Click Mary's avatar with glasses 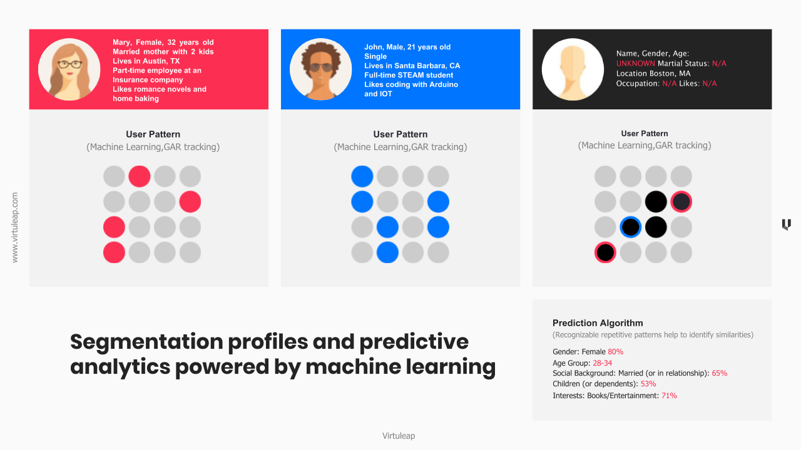coord(69,69)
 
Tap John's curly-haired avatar coord(321,69)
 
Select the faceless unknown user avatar coord(573,69)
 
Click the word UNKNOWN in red coord(635,64)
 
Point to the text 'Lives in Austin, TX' coord(146,61)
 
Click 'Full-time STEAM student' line coord(409,75)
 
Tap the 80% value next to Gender coord(615,352)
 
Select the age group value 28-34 coord(602,363)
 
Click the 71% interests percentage coord(669,396)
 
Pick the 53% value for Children coord(648,384)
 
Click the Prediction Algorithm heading coord(598,323)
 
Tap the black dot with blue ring coord(630,227)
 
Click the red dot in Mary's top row coord(140,176)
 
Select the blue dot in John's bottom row coord(387,252)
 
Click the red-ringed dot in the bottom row coord(605,252)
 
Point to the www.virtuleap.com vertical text coord(14,227)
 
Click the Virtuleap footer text coord(399,436)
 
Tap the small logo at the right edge coord(787,224)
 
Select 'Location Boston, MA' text coord(653,74)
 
